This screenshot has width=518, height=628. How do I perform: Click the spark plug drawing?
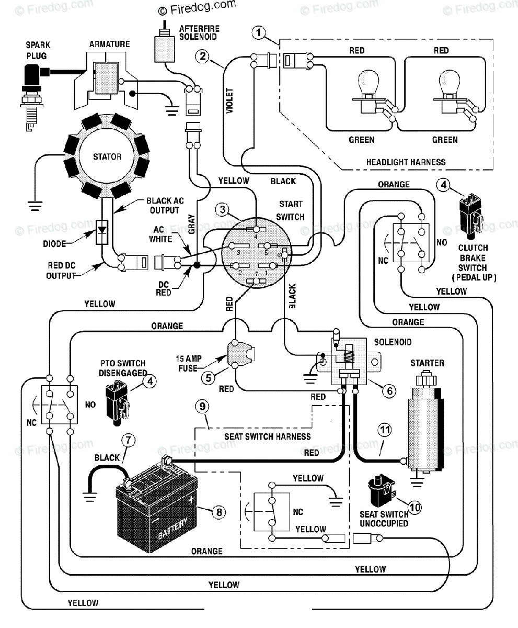click(x=31, y=98)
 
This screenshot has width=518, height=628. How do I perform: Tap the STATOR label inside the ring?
click(x=107, y=156)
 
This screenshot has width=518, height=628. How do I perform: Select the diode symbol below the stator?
click(x=102, y=232)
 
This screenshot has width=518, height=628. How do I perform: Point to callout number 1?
click(x=259, y=32)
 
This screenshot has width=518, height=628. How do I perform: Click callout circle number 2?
click(x=202, y=56)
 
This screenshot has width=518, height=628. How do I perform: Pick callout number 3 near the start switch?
click(x=222, y=210)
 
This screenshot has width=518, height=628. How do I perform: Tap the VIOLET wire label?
click(x=229, y=101)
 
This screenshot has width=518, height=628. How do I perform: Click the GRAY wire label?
click(x=191, y=224)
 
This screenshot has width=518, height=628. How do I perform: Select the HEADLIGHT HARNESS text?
click(x=406, y=162)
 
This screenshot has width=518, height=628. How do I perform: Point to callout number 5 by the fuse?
click(x=208, y=378)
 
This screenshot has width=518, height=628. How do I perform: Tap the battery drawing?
click(x=156, y=505)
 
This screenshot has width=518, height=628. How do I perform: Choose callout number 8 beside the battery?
click(x=219, y=512)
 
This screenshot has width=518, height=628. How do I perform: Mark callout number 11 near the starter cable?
click(x=385, y=430)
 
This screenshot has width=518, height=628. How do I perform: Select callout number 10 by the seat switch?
click(x=415, y=508)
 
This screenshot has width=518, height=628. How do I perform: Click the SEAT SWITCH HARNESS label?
click(x=268, y=436)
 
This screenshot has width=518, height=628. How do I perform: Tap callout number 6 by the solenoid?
click(x=390, y=391)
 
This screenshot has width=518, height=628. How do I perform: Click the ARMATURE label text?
click(x=109, y=44)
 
